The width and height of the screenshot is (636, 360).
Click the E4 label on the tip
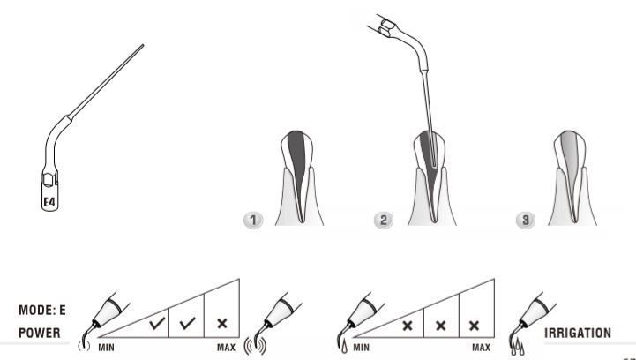(x=49, y=202)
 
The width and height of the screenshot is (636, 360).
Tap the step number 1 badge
(x=253, y=220)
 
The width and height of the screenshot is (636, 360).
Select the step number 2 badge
(x=384, y=220)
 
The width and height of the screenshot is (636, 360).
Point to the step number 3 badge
(x=525, y=220)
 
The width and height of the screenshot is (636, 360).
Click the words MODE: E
(x=41, y=311)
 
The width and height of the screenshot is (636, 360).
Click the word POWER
(x=40, y=334)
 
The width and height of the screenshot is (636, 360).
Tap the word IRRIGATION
(x=578, y=334)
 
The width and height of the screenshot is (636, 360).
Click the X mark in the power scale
(x=222, y=324)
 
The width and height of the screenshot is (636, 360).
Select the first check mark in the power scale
(x=157, y=323)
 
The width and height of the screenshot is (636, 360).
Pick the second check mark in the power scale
(x=187, y=323)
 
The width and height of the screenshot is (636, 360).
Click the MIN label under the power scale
(x=106, y=348)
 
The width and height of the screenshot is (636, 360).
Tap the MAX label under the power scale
(x=226, y=348)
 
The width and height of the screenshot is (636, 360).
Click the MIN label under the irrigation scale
(x=362, y=348)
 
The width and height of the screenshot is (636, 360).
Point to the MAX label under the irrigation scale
(x=481, y=348)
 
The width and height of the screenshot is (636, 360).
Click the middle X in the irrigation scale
(x=441, y=326)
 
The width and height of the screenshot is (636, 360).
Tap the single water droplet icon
(x=344, y=348)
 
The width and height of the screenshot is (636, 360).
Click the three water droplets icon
(x=518, y=348)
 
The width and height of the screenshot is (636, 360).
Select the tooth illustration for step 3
(x=572, y=177)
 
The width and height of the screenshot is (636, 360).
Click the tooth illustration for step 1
(x=299, y=177)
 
